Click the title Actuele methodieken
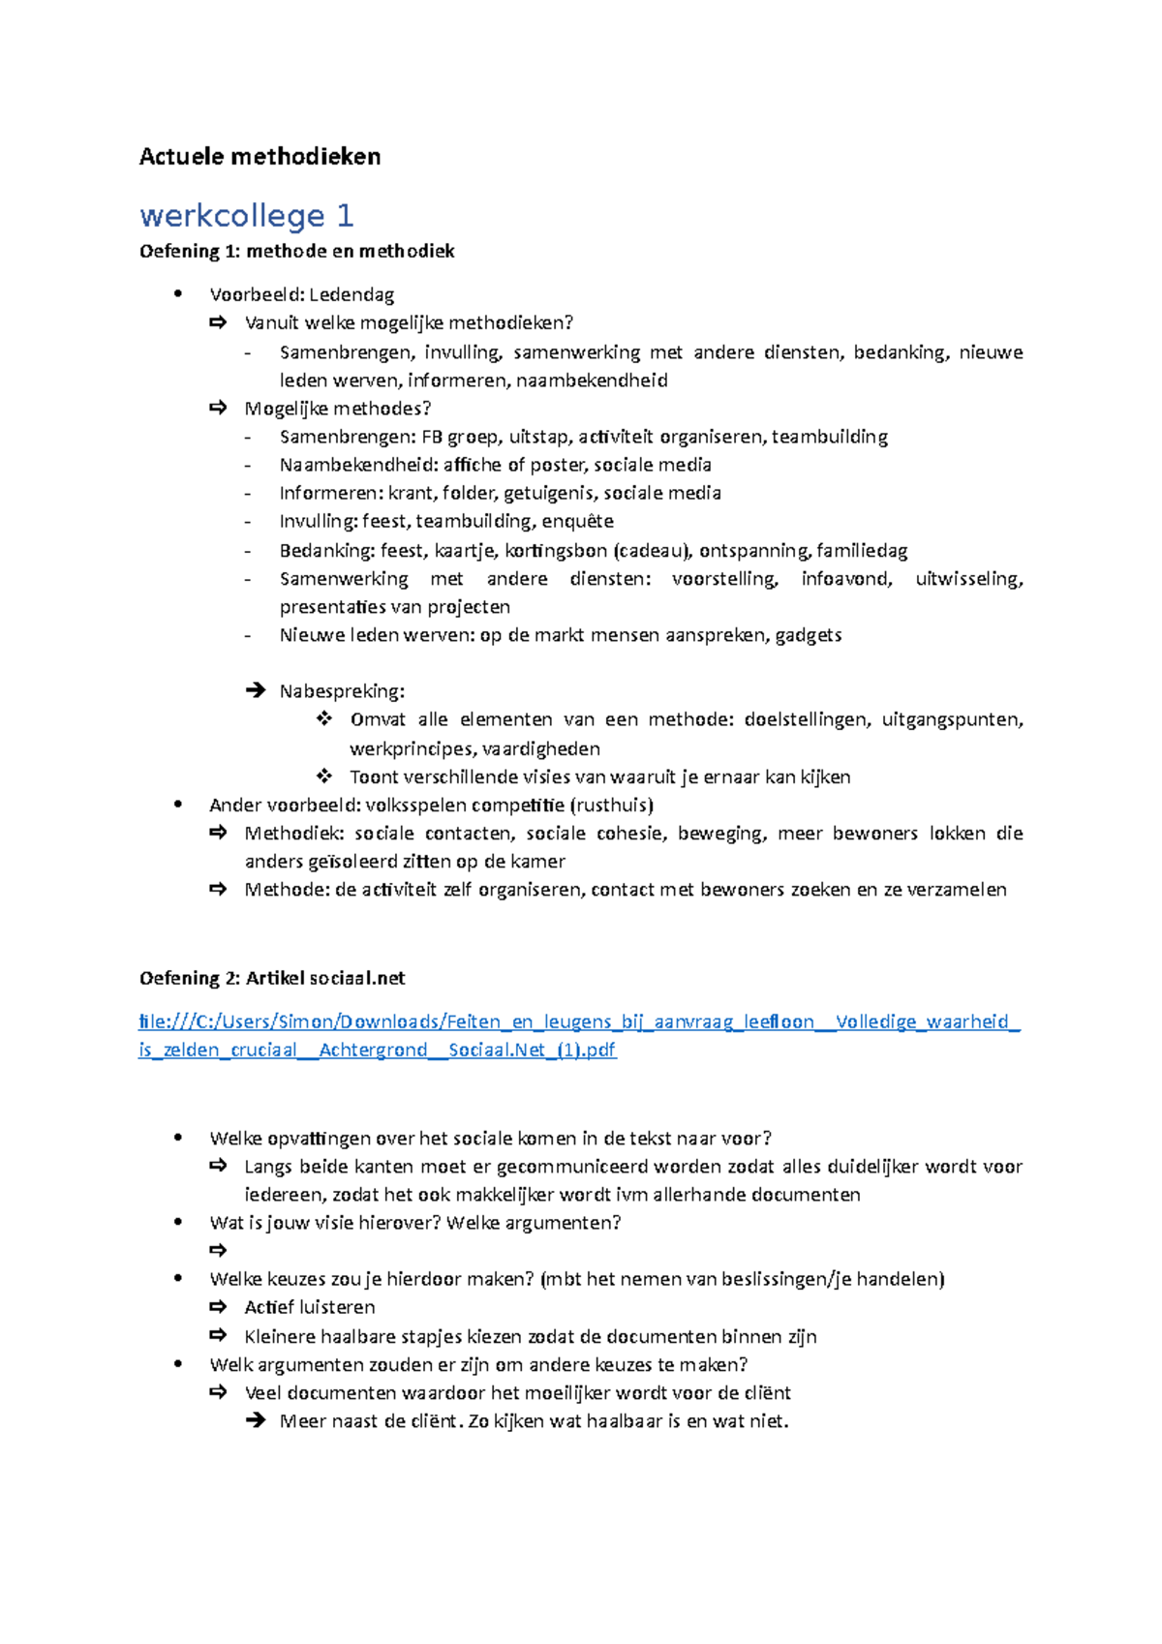pos(260,157)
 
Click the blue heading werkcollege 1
pos(246,215)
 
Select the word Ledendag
pos(352,294)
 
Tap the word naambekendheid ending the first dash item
pos(592,380)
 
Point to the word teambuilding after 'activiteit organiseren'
pos(830,437)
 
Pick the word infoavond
pos(846,579)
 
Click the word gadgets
pos(809,635)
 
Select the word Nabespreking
pos(342,691)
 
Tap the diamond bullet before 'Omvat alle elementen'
pos(323,719)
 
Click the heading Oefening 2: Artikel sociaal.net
pos(272,978)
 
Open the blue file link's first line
pos(579,1021)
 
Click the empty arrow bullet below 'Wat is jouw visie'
pos(219,1251)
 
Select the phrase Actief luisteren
pos(310,1307)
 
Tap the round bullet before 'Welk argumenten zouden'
pos(178,1364)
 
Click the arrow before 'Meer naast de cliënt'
pos(255,1421)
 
